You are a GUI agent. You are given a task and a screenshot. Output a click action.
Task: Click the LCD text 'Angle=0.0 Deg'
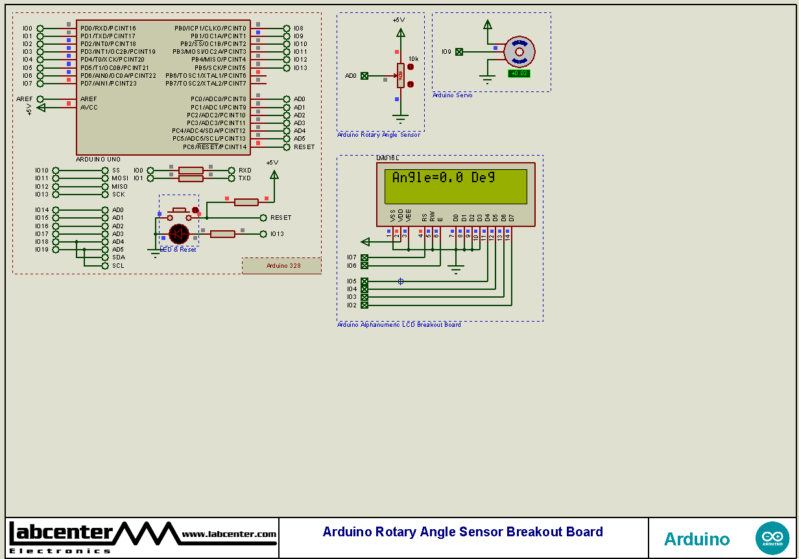click(x=443, y=178)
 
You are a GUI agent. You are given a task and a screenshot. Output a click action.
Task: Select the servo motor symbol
click(x=519, y=52)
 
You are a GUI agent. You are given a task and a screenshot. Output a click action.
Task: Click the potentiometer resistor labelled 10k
click(x=401, y=75)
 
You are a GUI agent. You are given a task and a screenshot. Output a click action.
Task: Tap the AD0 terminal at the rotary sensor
click(x=364, y=76)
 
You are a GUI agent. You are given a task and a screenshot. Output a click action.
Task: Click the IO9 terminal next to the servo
click(x=459, y=52)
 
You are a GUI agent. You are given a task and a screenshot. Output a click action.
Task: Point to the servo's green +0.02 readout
click(x=519, y=73)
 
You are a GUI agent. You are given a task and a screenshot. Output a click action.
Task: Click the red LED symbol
click(x=178, y=233)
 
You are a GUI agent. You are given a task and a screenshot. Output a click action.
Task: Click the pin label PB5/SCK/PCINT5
click(x=220, y=68)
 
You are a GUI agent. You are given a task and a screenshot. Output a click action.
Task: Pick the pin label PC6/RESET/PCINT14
click(x=214, y=147)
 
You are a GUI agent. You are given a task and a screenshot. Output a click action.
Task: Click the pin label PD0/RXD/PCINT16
click(x=108, y=29)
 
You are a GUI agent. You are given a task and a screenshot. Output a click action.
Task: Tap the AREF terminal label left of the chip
click(x=25, y=99)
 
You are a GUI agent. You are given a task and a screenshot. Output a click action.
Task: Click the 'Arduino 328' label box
click(x=282, y=266)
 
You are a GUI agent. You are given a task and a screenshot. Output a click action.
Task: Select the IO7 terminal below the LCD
click(x=364, y=257)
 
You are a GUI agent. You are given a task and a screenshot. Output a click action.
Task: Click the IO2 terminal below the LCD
click(x=364, y=305)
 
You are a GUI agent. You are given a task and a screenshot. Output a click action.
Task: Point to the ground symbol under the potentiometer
click(x=401, y=119)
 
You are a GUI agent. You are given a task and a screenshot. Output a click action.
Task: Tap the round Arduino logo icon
click(x=772, y=538)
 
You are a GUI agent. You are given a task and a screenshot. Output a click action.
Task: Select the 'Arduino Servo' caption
click(x=453, y=95)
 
